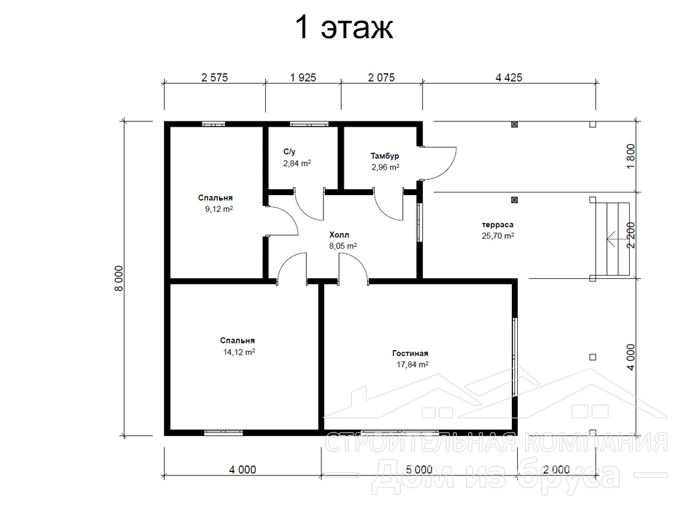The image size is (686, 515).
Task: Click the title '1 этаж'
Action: [344, 27]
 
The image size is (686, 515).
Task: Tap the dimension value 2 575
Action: [214, 78]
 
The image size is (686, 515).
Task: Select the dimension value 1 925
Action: [303, 78]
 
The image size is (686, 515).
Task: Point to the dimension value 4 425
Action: [509, 78]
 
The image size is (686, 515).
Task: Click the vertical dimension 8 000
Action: [120, 278]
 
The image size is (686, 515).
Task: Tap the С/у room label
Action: [289, 152]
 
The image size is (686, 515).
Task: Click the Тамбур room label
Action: [385, 156]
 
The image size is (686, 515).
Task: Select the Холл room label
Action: [339, 235]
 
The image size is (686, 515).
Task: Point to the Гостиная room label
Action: [410, 353]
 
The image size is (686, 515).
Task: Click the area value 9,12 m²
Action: [219, 209]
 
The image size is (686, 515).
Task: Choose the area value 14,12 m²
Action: [239, 351]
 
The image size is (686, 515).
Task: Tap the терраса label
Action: [498, 225]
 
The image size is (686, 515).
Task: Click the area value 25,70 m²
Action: [498, 235]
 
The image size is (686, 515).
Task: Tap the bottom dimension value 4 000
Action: [243, 470]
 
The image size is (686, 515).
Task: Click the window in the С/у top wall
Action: [309, 124]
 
